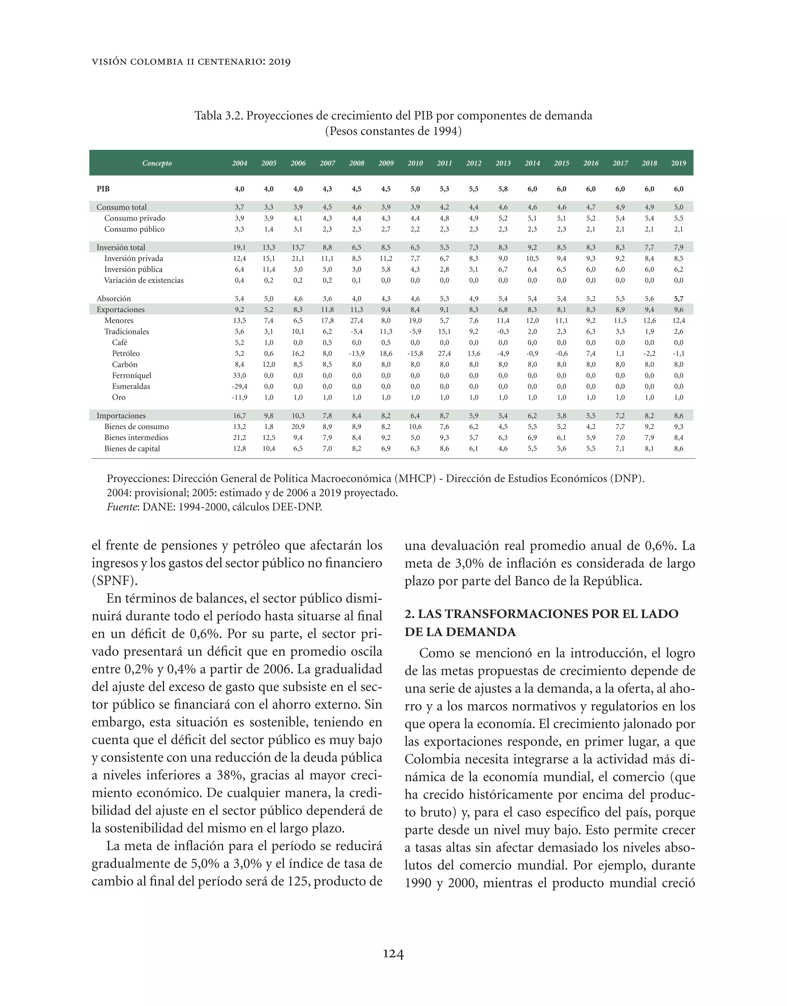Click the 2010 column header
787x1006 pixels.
415,163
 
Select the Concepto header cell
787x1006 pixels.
157,163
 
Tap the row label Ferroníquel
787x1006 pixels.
131,376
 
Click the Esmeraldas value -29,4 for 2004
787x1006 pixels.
239,386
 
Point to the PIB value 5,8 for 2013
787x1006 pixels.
503,189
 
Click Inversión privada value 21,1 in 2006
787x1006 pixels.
298,258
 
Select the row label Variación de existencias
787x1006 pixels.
143,280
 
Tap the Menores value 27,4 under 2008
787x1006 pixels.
356,321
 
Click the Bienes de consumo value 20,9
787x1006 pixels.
298,427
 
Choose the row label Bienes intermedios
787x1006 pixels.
136,438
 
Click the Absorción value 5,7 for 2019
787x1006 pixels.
679,298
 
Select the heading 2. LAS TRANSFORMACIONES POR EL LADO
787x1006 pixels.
541,614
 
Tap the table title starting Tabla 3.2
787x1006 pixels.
393,116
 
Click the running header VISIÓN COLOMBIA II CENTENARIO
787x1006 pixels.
191,62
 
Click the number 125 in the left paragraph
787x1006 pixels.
297,881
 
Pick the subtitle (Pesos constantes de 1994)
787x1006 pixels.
393,131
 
